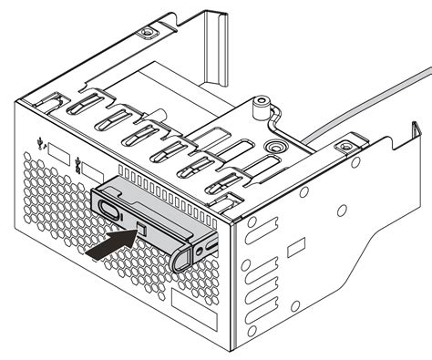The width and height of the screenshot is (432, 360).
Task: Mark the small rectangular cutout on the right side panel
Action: pos(294,248)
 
